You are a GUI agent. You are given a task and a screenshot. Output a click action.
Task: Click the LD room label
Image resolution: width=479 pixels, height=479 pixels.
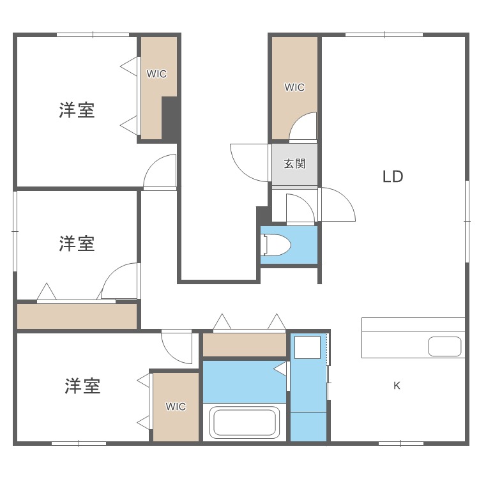coord(393,176)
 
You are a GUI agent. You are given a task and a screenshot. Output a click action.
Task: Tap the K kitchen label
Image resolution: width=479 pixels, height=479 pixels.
coord(397,386)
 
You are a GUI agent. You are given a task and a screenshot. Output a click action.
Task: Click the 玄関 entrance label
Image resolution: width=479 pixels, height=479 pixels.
coord(295,163)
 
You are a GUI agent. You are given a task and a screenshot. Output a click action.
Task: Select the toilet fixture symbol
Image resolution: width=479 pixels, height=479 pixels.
coord(277,245)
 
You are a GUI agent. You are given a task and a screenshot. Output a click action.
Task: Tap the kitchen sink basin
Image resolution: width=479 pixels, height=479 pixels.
coord(445,346)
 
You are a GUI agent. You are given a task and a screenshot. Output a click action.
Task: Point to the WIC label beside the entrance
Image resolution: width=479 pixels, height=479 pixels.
coord(295,87)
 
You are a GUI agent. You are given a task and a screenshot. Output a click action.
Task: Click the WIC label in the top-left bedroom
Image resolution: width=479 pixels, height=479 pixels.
coord(156,74)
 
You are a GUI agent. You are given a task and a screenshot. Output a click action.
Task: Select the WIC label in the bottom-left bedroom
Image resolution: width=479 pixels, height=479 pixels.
coord(176,407)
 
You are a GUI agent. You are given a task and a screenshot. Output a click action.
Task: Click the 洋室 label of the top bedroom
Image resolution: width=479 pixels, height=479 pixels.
coord(77,110)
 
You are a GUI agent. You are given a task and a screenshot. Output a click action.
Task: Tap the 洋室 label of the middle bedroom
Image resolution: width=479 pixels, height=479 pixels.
coord(77,243)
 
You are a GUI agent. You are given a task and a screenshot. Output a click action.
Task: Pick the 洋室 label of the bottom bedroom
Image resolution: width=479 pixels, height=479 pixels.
coord(82,386)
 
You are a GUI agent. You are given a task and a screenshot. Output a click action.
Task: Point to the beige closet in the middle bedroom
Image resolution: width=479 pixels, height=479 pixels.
coord(77,316)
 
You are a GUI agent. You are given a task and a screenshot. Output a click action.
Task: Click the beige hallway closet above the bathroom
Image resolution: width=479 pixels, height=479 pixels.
coord(245,345)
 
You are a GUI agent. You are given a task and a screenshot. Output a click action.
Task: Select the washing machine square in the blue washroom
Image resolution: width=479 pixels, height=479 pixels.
coord(307,347)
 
